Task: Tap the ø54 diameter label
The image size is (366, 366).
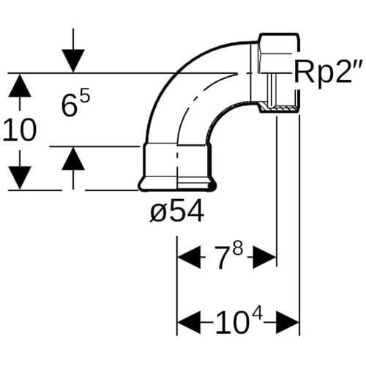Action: pyautogui.click(x=177, y=210)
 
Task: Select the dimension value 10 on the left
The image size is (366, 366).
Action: pyautogui.click(x=20, y=130)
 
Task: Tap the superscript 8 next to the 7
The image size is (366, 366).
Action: pyautogui.click(x=238, y=250)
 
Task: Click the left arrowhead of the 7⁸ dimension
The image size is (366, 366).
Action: pyautogui.click(x=190, y=257)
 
